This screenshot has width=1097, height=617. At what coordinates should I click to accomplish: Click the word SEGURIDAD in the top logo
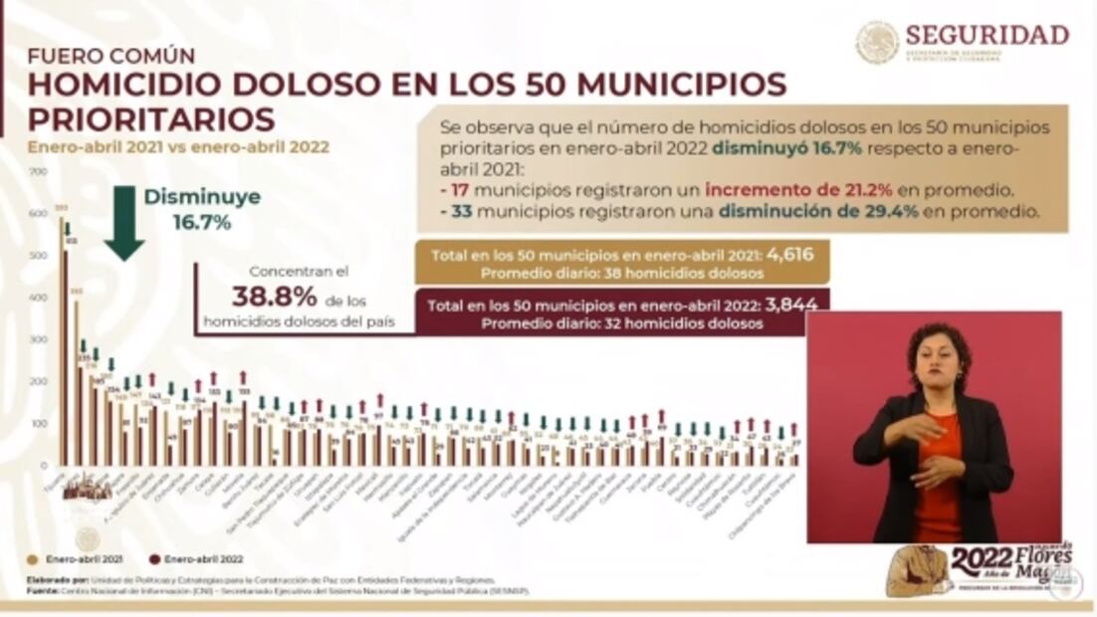[x=987, y=35]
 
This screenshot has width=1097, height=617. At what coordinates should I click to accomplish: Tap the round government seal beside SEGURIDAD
[x=877, y=43]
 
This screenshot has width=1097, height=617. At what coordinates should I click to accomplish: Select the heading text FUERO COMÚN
[x=110, y=56]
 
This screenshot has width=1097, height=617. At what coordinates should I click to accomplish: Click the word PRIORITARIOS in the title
[x=150, y=119]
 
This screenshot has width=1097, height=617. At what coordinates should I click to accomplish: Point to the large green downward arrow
[x=124, y=222]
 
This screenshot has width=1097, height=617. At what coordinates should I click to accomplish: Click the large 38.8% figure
[x=274, y=297]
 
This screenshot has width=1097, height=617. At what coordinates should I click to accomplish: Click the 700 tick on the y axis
[x=39, y=172]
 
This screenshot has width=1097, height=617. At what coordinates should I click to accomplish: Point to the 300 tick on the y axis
[x=39, y=340]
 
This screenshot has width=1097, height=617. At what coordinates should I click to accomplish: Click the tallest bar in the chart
[x=61, y=338]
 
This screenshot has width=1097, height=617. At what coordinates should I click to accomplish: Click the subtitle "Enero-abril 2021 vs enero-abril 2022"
[x=178, y=147]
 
